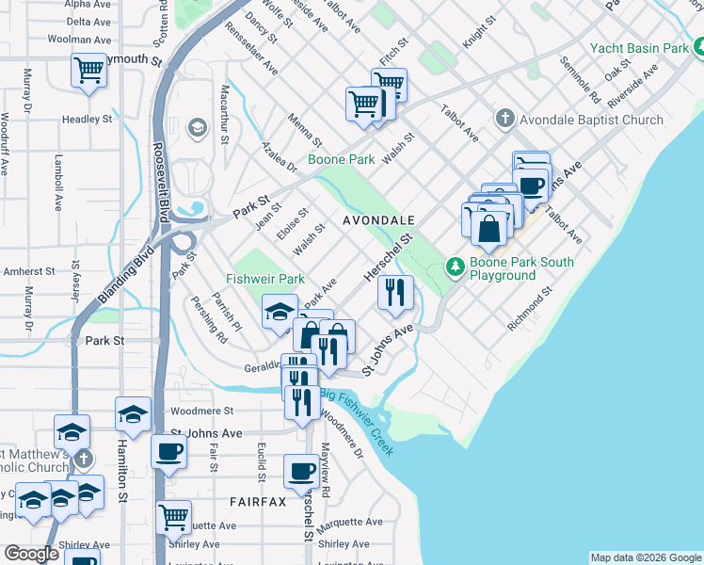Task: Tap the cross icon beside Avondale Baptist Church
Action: click(504, 120)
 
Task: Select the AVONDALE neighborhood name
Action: click(378, 219)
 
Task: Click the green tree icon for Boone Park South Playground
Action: click(456, 268)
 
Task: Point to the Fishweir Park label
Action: click(264, 279)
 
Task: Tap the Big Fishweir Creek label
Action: click(357, 422)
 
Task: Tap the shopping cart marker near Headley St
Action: click(88, 70)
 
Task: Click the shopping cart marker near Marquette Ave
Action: click(174, 516)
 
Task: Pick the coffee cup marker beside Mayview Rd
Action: click(302, 470)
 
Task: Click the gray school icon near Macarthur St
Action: click(197, 127)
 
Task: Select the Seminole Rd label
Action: click(580, 79)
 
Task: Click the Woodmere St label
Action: click(201, 412)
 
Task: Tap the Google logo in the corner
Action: click(30, 554)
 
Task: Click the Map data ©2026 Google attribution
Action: click(645, 557)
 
